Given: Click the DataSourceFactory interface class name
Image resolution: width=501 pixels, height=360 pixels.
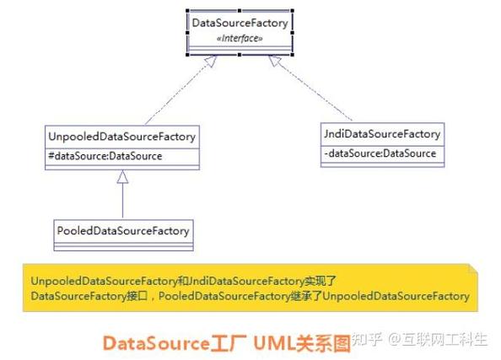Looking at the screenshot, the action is tap(240, 23).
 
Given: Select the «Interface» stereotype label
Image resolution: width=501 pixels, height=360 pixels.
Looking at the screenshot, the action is tap(240, 38).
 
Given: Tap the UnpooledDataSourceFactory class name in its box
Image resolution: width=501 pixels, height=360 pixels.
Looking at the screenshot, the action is tap(122, 137).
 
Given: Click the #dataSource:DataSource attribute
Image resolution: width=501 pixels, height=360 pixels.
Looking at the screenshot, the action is tap(105, 156).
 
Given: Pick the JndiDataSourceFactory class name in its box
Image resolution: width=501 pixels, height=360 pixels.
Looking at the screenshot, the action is tap(382, 134).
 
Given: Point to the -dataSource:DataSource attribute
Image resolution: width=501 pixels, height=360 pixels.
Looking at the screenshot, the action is tap(380, 153).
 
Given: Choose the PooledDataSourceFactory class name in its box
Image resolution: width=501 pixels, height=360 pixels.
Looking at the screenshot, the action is tap(123, 231).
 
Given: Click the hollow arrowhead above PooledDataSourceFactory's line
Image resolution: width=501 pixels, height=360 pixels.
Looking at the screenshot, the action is tap(122, 177).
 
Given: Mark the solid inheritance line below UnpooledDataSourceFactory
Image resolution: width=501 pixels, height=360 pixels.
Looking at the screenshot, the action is tap(122, 201).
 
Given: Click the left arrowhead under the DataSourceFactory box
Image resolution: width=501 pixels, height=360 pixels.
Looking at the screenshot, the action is tap(211, 61).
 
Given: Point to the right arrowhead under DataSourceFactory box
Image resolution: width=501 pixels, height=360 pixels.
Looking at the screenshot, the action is tap(274, 61).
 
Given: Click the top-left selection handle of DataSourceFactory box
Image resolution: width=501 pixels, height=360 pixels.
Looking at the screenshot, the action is tap(187, 11).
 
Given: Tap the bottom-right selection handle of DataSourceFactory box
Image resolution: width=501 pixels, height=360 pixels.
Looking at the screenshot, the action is tap(292, 55).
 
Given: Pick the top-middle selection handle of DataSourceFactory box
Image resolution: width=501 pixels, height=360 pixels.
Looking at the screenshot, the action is tap(240, 11).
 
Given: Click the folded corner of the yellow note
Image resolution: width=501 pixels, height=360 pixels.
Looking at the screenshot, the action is tap(473, 269).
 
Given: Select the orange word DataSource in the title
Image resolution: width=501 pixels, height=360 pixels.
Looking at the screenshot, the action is tap(156, 344).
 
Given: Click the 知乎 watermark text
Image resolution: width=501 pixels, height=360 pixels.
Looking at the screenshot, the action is tap(367, 339).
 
